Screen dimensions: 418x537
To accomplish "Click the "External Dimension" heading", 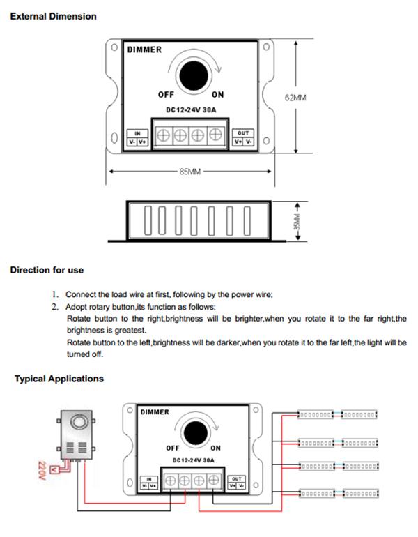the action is (x=54, y=16).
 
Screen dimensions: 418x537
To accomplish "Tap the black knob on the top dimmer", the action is (x=194, y=76).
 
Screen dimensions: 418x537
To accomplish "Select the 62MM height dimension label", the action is (x=295, y=98).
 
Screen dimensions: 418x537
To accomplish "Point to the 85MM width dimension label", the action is (x=190, y=172).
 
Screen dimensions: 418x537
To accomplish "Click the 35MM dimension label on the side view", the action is (x=297, y=222).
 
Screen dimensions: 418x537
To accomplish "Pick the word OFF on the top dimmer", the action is (x=166, y=95).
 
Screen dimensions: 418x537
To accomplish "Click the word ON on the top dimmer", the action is (x=217, y=95).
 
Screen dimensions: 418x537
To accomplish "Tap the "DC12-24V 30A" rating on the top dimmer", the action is (x=191, y=110).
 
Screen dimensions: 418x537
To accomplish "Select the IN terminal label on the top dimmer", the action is (x=137, y=134).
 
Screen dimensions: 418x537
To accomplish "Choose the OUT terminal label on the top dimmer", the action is (x=243, y=133).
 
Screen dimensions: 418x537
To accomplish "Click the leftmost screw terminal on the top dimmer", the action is (x=163, y=135).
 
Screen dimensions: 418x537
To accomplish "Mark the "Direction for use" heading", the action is (x=47, y=270).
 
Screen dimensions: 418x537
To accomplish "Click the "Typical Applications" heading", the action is (x=59, y=379).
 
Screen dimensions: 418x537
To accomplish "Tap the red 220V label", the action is (x=42, y=471).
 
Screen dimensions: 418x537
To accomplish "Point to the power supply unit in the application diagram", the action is (x=77, y=435).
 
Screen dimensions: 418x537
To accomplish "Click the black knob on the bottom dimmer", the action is (x=196, y=432).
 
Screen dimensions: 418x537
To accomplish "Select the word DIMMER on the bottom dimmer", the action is (x=155, y=412).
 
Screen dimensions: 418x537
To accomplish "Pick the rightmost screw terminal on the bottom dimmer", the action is (x=214, y=481).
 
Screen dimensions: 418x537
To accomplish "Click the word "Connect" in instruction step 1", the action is (x=81, y=294).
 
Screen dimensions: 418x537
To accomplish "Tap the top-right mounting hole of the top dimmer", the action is (x=266, y=47).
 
